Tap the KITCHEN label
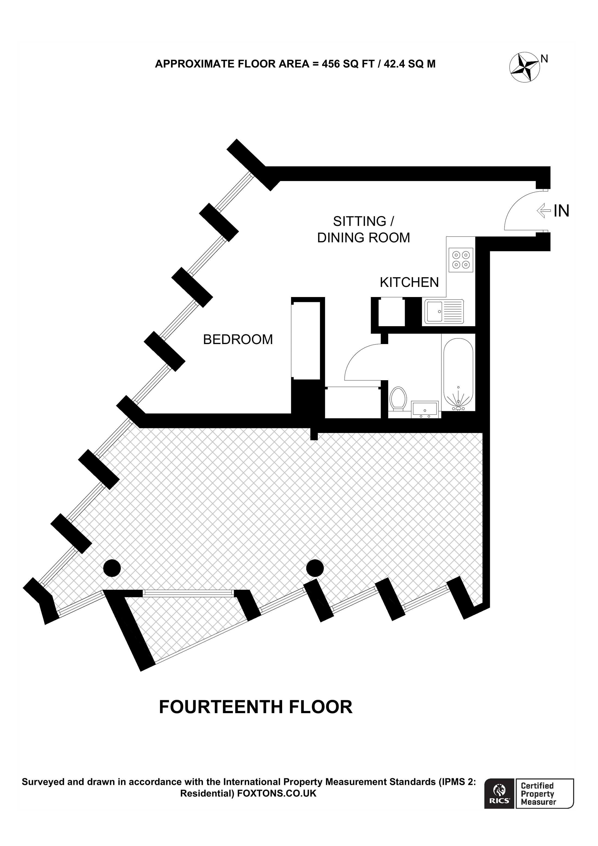pyautogui.click(x=409, y=282)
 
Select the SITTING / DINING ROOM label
pyautogui.click(x=363, y=230)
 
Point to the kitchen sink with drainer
pyautogui.click(x=444, y=312)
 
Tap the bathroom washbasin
pyautogui.click(x=425, y=409)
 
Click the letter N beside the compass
pyautogui.click(x=544, y=59)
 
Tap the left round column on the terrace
pyautogui.click(x=112, y=568)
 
